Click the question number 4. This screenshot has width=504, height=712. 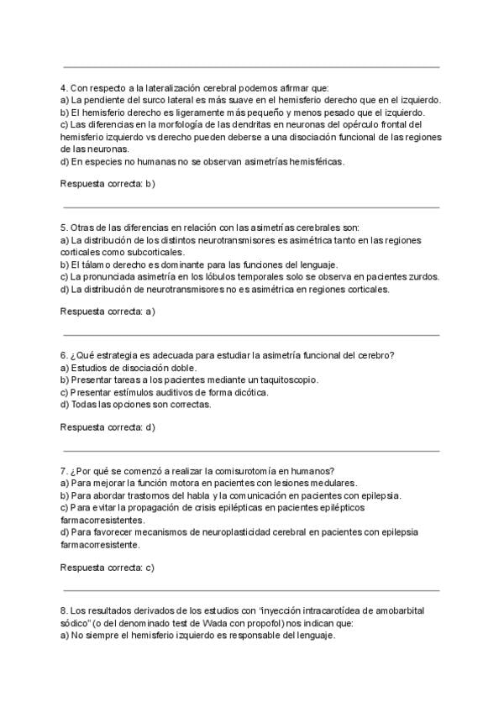[64, 88]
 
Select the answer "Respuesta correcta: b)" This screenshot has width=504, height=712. [108, 183]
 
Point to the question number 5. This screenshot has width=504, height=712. [64, 228]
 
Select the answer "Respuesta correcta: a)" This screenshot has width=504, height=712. [108, 311]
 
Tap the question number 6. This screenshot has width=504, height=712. [64, 356]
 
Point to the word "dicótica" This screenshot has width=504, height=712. [250, 392]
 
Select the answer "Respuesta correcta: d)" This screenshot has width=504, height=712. [108, 427]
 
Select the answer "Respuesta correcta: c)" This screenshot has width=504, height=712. [108, 568]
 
